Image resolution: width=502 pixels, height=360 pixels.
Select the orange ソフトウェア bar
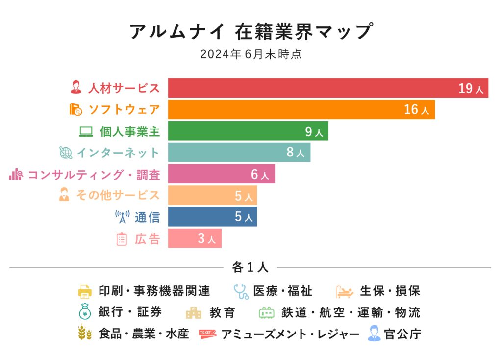[x=294, y=109]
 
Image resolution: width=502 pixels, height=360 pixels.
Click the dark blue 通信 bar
[x=206, y=217]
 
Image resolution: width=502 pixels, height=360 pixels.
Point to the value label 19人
[x=471, y=89]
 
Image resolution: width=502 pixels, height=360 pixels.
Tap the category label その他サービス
[x=118, y=195]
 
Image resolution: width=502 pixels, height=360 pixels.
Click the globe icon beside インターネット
[x=66, y=153]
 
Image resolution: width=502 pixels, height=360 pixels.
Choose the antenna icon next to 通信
[x=122, y=217]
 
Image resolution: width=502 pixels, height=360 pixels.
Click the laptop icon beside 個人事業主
[x=86, y=131]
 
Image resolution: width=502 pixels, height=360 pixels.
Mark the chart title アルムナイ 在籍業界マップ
[x=251, y=31]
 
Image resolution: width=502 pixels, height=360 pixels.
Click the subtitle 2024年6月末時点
[x=251, y=54]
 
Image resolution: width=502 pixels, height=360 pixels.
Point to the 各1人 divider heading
[x=250, y=268]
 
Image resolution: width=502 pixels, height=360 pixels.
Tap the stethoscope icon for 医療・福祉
[x=241, y=291]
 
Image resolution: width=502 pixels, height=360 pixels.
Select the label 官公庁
[x=402, y=334]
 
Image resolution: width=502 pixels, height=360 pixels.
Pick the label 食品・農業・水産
[x=144, y=334]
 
